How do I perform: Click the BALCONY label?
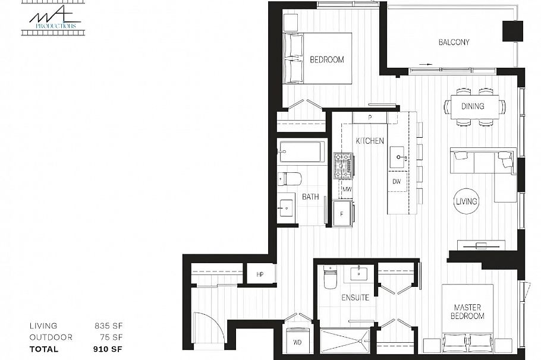[x=454, y=42]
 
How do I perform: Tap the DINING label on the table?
[x=473, y=106]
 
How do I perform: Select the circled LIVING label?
[x=466, y=201]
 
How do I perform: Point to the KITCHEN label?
[x=370, y=141]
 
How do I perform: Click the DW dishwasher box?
[x=396, y=181]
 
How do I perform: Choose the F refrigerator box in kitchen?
[x=342, y=214]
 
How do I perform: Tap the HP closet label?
[x=260, y=274]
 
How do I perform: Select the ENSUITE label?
[x=356, y=297]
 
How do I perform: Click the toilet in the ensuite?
[x=330, y=277]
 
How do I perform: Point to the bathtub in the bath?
[x=301, y=151]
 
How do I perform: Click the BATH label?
[x=310, y=197]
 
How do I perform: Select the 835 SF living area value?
[x=109, y=326]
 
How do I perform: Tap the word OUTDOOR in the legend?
[x=51, y=337]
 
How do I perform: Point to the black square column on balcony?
[x=512, y=31]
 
